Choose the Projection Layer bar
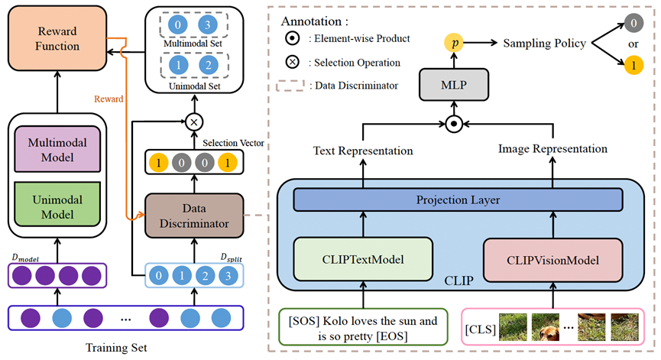[x=458, y=200]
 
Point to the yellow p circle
[x=455, y=44]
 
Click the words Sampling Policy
[x=544, y=44]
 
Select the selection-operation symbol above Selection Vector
[x=195, y=122]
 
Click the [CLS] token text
[x=481, y=330]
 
